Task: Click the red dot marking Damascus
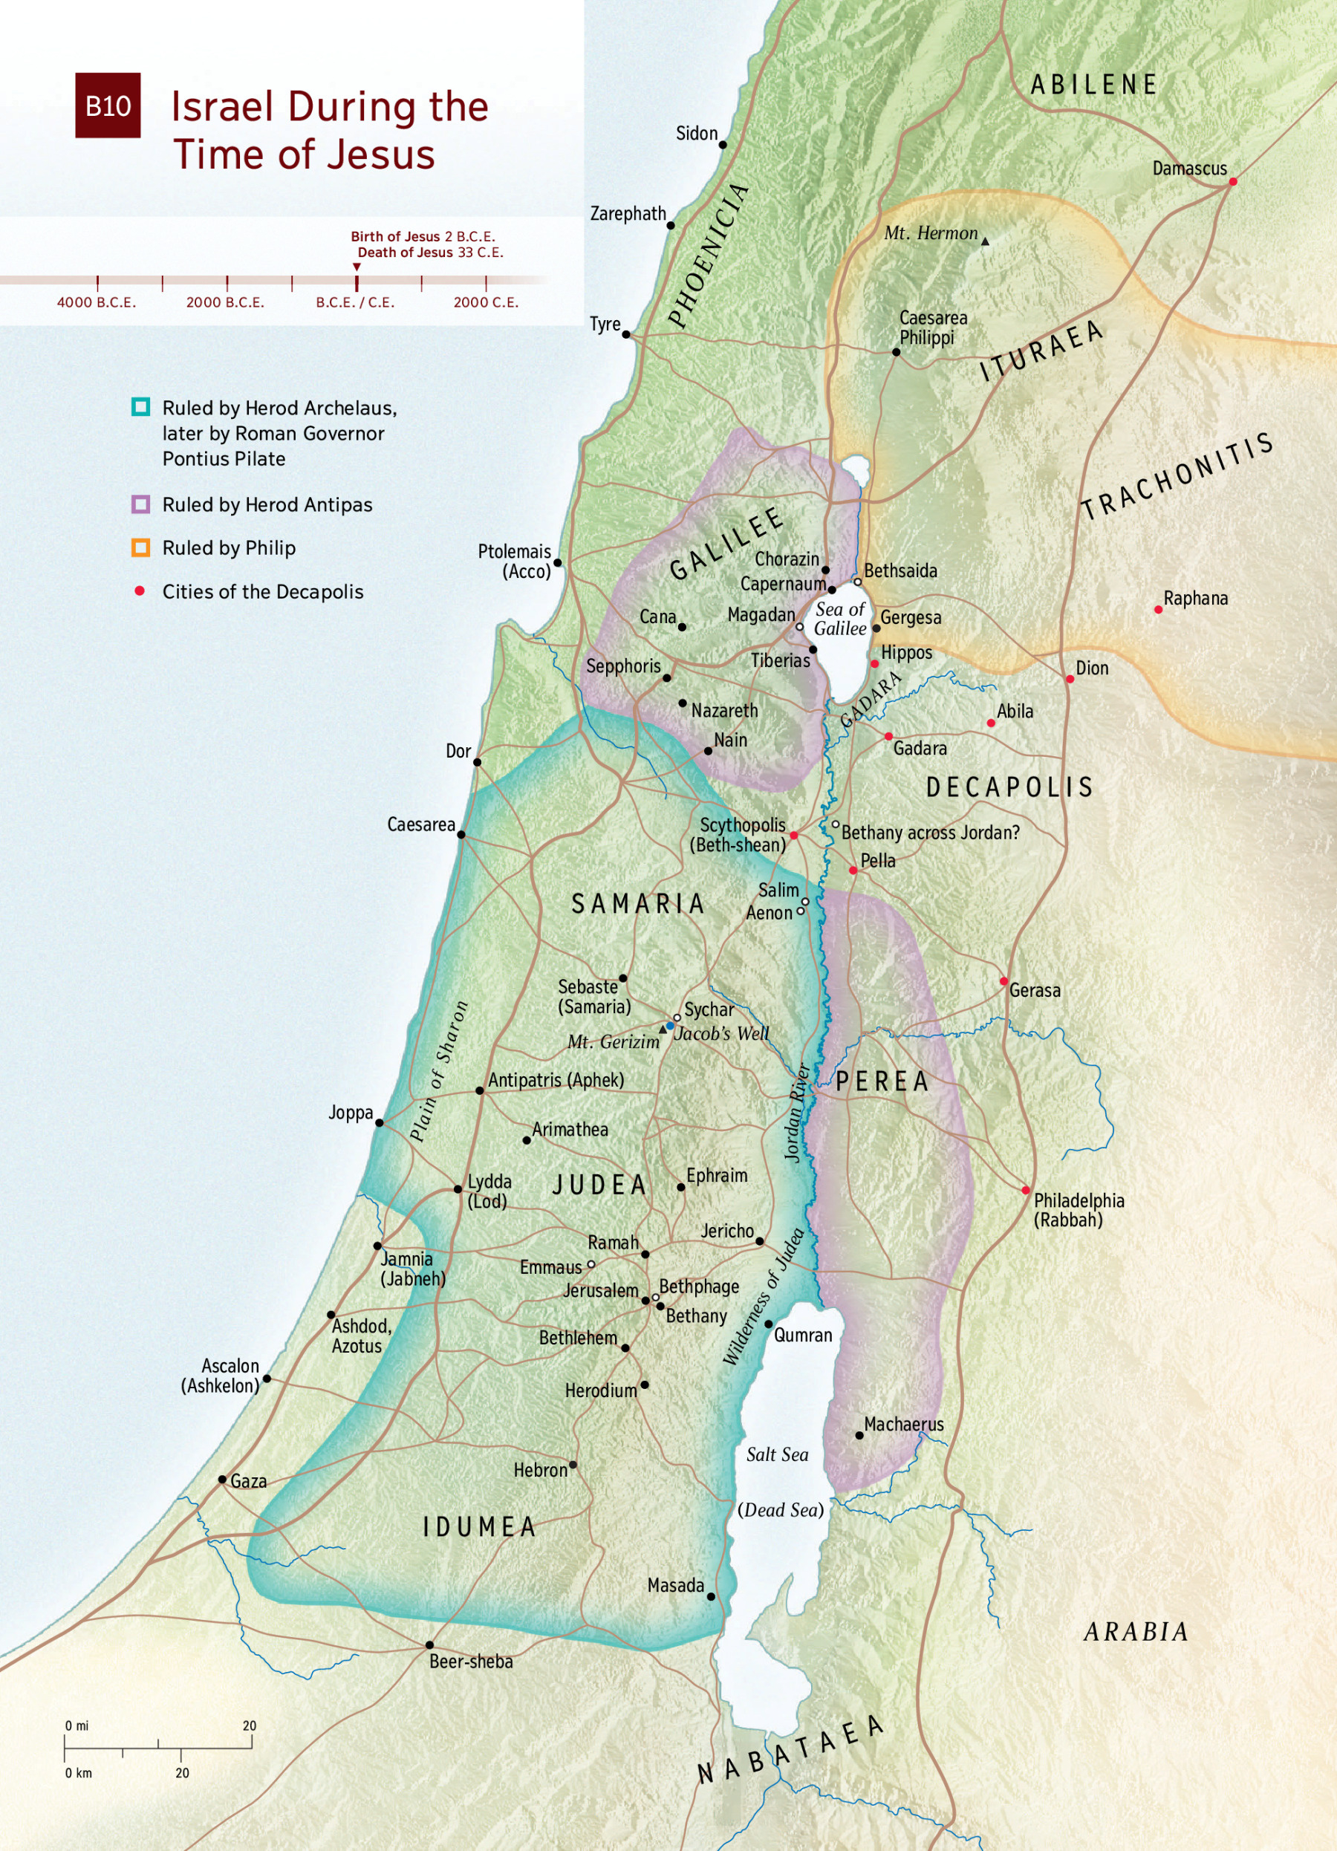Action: [x=1232, y=181]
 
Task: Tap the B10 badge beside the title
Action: [x=108, y=105]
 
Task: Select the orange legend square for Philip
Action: [x=140, y=547]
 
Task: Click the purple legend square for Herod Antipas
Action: [x=140, y=504]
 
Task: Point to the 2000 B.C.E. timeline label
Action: [x=225, y=302]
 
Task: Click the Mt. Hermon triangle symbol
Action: [x=985, y=241]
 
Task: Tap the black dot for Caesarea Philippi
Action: [x=895, y=352]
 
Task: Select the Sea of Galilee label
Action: [x=840, y=619]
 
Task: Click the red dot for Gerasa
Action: [x=1004, y=981]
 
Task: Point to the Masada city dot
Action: [x=711, y=1596]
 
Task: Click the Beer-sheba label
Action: [x=471, y=1662]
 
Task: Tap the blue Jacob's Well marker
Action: [x=670, y=1026]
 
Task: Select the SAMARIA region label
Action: [x=637, y=903]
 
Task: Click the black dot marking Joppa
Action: [x=379, y=1123]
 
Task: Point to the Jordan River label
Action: [x=797, y=1112]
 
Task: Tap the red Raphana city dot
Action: [x=1157, y=610]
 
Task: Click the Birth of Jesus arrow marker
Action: [x=357, y=267]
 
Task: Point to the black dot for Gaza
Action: [x=222, y=1480]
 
